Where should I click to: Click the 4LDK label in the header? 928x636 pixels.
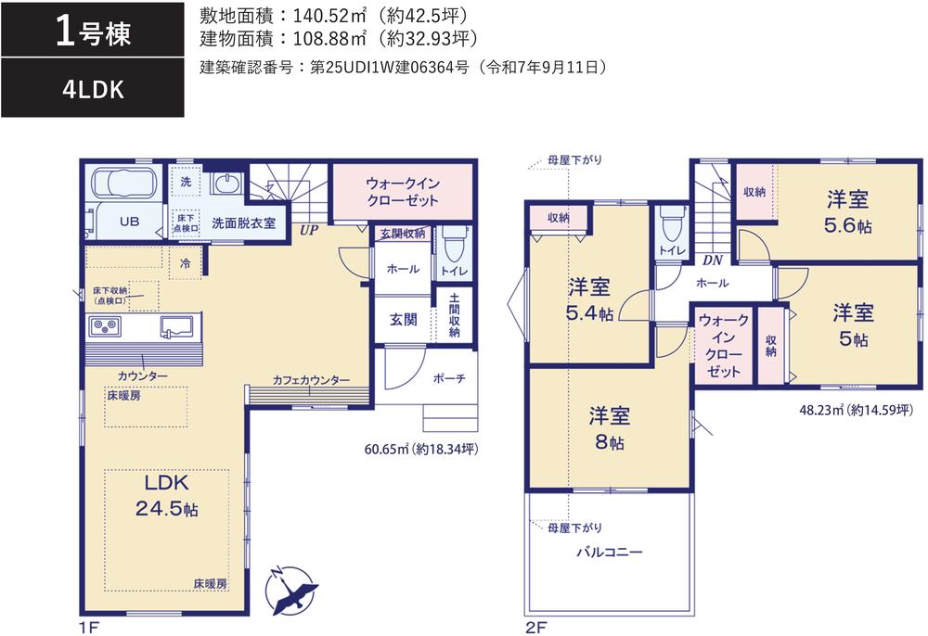(x=93, y=90)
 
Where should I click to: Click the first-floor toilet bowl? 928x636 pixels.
(x=454, y=244)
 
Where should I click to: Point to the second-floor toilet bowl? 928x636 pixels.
(x=671, y=223)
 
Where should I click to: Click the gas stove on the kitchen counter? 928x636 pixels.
(x=105, y=326)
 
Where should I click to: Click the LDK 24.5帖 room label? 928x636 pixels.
(x=167, y=495)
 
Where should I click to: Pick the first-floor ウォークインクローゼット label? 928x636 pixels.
(x=403, y=192)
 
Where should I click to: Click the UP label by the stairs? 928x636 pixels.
(x=308, y=231)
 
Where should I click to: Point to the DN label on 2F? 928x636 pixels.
(x=713, y=261)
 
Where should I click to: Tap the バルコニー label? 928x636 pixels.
(x=610, y=552)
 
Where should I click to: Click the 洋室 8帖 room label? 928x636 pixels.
(x=609, y=428)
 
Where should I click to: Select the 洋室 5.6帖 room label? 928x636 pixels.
(x=847, y=212)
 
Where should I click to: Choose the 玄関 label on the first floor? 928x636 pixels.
(x=403, y=320)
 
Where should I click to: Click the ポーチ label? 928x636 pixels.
(x=449, y=378)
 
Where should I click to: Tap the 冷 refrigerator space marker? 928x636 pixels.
(x=186, y=263)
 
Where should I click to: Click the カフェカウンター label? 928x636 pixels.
(x=311, y=381)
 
